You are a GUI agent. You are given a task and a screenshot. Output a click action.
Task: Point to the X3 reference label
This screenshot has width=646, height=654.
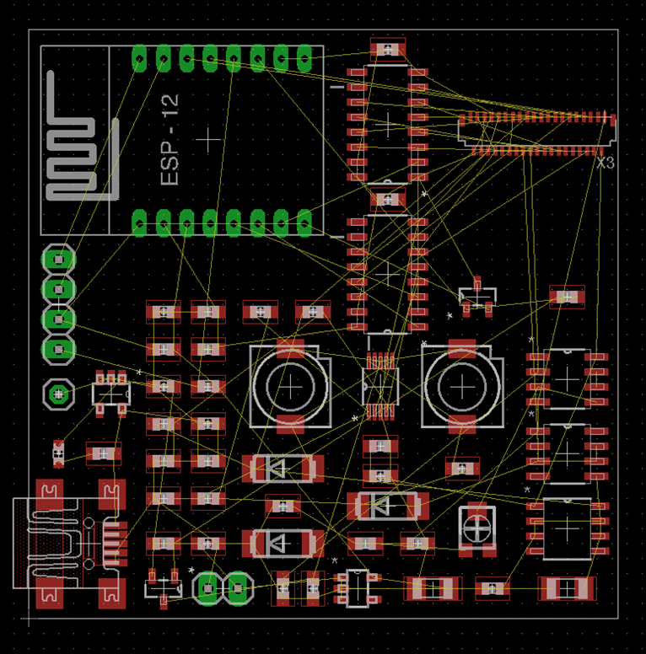pos(605,163)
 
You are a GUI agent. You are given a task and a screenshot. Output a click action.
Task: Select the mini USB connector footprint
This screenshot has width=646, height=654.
pos(67,544)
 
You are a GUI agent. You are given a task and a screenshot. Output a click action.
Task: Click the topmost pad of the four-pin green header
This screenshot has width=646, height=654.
pos(58,260)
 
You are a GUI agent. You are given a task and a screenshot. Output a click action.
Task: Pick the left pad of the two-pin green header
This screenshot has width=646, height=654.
pos(207,588)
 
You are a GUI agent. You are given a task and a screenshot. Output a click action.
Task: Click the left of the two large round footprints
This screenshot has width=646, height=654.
pos(291,387)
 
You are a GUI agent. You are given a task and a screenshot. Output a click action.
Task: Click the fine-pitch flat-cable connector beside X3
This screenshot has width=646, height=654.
pos(536,133)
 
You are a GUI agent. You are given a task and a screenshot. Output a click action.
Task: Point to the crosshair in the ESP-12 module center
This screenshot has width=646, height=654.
pos(208,137)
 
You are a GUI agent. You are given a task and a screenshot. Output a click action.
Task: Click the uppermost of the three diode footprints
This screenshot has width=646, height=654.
pos(283,468)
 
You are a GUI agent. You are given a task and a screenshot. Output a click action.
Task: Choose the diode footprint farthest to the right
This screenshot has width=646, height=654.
pos(387,506)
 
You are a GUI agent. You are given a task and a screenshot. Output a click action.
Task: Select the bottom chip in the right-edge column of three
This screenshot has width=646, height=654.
pos(568,528)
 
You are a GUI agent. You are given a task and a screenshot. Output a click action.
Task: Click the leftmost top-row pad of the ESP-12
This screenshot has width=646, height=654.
pos(139,58)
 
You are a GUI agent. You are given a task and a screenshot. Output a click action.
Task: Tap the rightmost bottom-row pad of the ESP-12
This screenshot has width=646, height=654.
pos(304,222)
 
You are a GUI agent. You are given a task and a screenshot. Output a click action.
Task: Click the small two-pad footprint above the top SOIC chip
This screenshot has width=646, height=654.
pos(388,49)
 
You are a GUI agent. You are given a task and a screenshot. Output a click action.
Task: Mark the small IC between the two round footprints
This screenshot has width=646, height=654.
pos(380,385)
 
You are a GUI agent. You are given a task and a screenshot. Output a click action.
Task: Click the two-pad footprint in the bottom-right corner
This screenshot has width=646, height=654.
pos(568,588)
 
